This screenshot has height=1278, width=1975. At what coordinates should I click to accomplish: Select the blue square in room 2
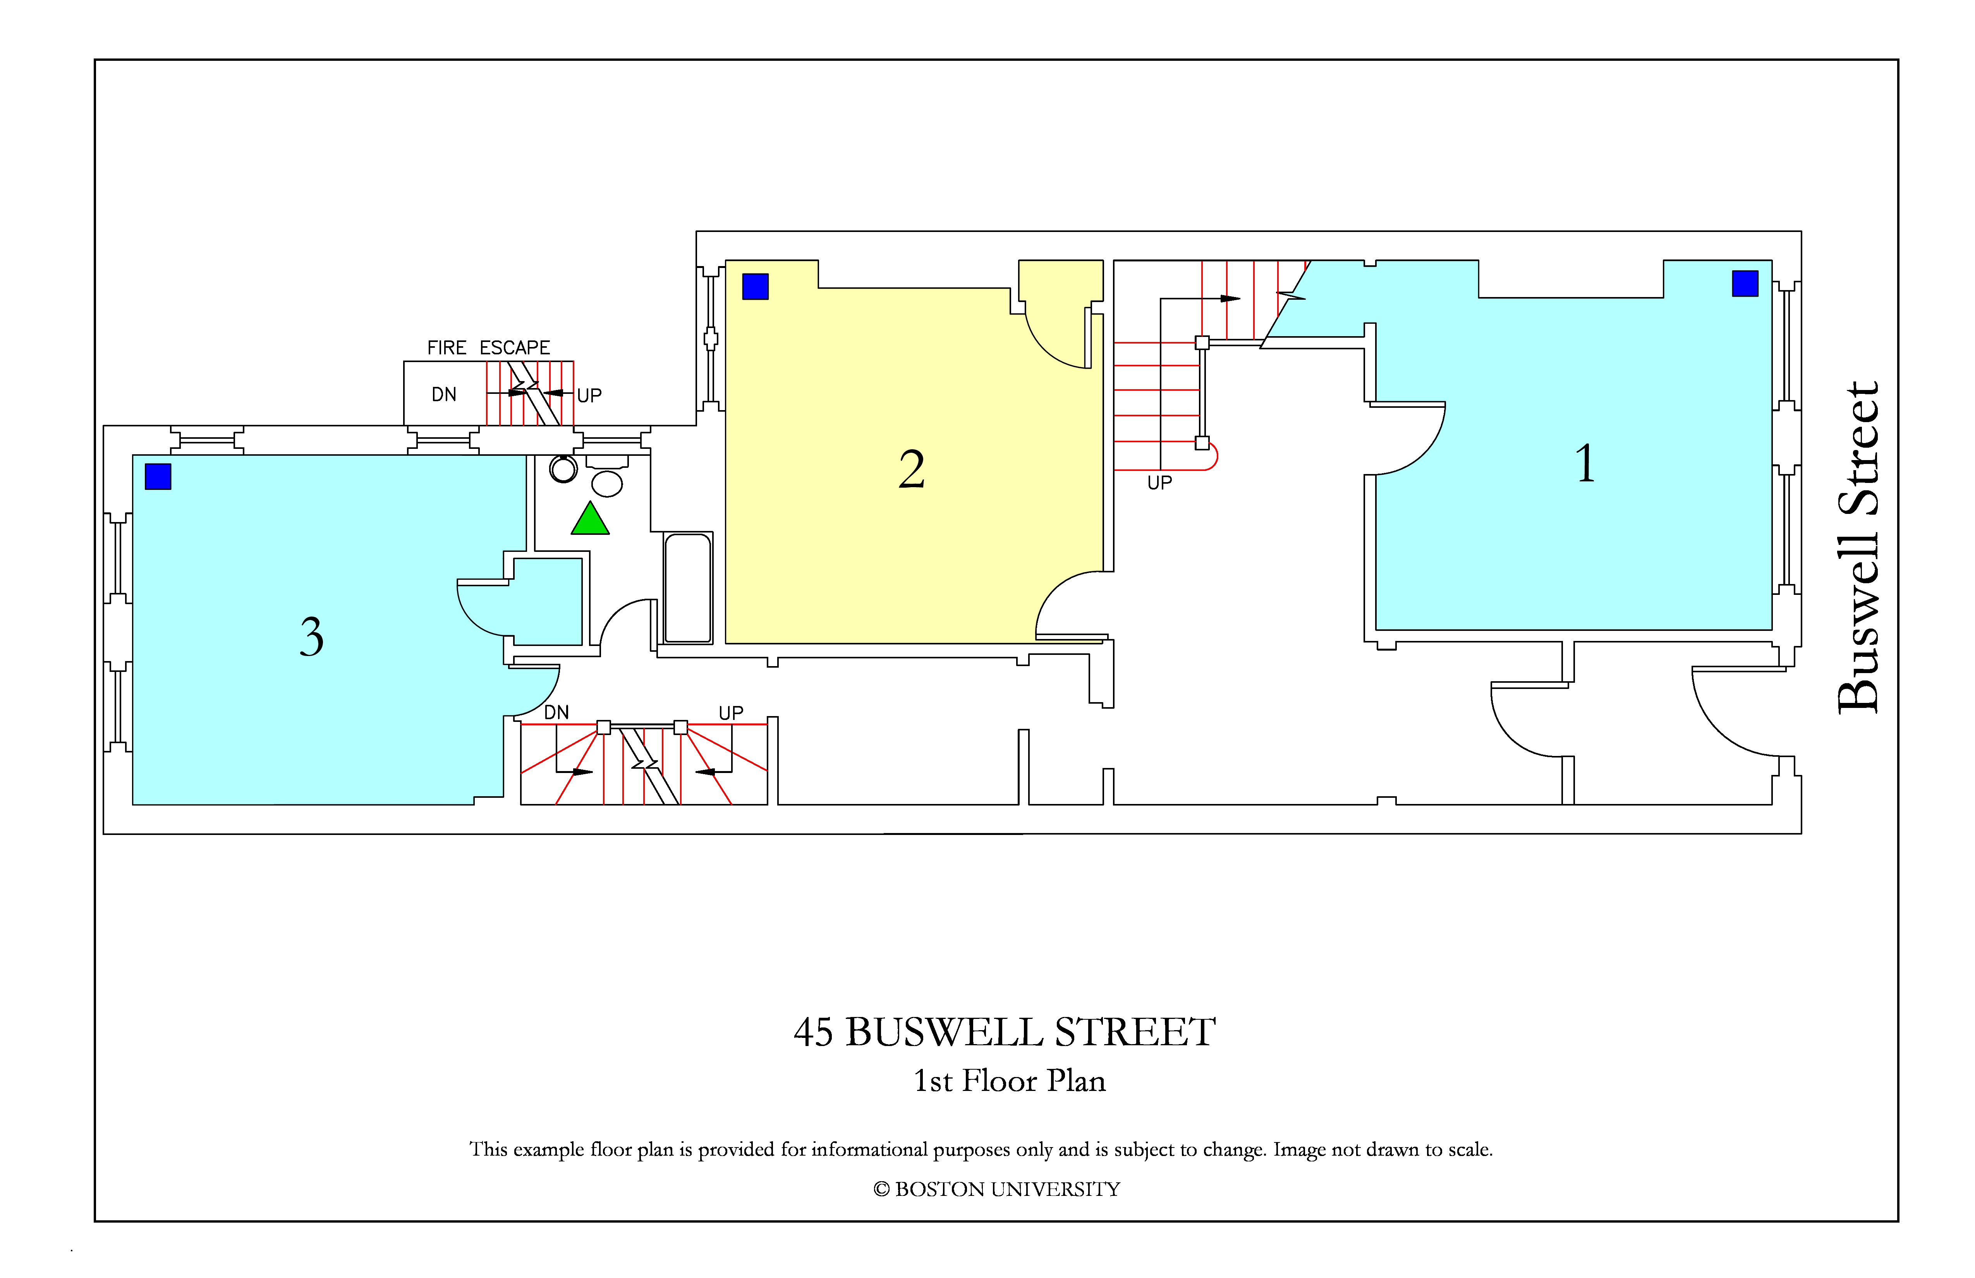pyautogui.click(x=755, y=286)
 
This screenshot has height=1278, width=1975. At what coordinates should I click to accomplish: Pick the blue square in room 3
pyautogui.click(x=158, y=476)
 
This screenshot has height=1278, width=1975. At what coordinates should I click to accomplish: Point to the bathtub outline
pyautogui.click(x=688, y=587)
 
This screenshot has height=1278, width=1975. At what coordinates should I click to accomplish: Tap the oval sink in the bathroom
pyautogui.click(x=606, y=483)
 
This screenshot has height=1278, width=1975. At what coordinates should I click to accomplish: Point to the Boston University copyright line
pyautogui.click(x=997, y=1189)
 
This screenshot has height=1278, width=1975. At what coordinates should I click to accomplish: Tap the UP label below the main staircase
pyautogui.click(x=1159, y=483)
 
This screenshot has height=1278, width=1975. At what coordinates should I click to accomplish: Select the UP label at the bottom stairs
pyautogui.click(x=731, y=713)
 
